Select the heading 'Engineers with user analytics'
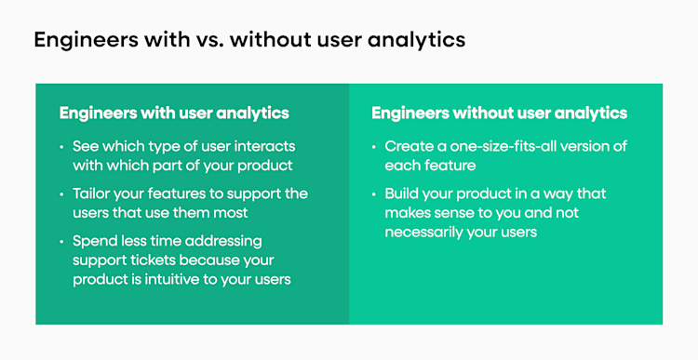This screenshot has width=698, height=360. (x=174, y=113)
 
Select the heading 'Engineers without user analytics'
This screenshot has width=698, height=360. (x=499, y=113)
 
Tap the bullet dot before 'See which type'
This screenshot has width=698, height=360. (x=62, y=147)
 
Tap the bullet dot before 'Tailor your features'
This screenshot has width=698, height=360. (x=62, y=194)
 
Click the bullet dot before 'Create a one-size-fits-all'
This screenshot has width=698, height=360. (x=374, y=147)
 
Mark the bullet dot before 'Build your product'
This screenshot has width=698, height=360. (x=374, y=194)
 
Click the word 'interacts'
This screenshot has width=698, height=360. (x=264, y=147)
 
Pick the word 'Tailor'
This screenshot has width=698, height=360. (x=94, y=194)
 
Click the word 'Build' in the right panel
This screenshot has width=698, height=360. (x=403, y=194)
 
